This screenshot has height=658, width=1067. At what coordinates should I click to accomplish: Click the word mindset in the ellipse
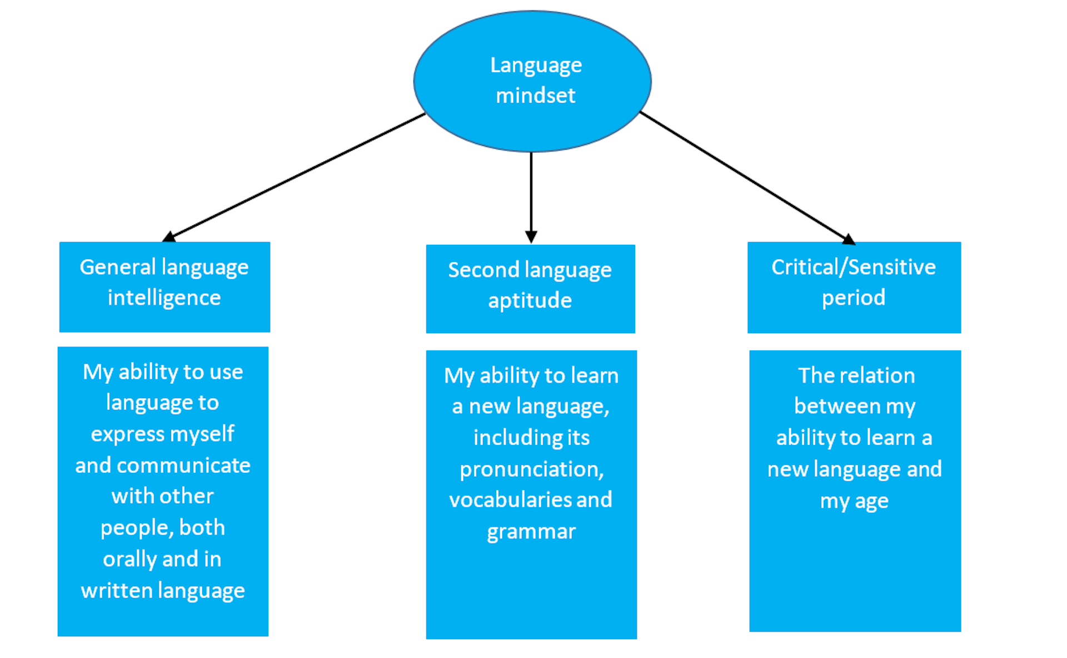535,96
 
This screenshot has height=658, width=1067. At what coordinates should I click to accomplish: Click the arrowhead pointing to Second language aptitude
531,237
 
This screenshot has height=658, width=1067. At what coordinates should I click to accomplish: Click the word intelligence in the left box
164,298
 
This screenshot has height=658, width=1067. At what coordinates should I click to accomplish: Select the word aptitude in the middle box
530,301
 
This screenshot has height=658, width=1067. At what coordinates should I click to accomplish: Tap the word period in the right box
853,298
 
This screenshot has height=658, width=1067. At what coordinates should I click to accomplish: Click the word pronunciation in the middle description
531,469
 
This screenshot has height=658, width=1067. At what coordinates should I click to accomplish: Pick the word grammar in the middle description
531,532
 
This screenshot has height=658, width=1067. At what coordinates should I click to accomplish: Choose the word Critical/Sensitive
853,268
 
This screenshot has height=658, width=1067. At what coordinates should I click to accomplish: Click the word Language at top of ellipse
536,66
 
